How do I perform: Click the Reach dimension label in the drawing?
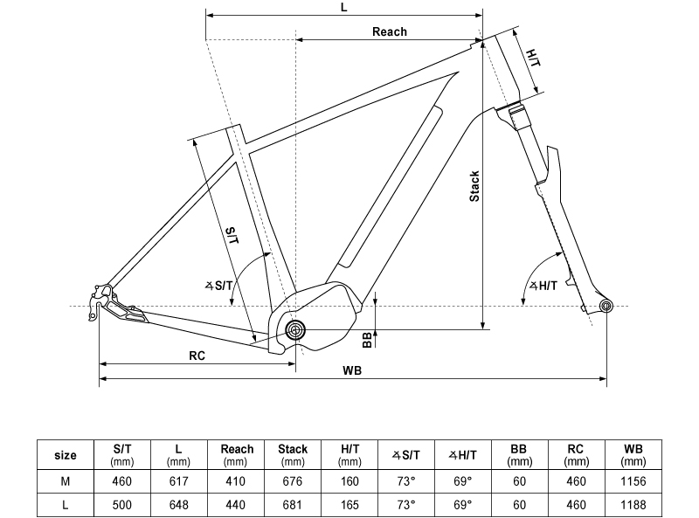(x=389, y=31)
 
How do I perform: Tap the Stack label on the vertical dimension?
(x=474, y=186)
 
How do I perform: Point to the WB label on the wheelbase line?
(x=352, y=370)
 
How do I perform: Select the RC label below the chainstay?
(x=197, y=356)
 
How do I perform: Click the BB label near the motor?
(x=367, y=338)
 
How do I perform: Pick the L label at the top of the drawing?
(x=343, y=7)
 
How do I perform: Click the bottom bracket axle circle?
(x=295, y=329)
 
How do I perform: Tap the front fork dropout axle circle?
(x=606, y=305)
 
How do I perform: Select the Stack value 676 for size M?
(x=293, y=480)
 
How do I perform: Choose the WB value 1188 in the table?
(x=634, y=505)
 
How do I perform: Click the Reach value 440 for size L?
(x=236, y=505)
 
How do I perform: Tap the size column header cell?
(x=66, y=455)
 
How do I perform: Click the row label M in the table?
(x=66, y=480)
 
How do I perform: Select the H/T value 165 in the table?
(x=349, y=505)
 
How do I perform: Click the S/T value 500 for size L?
(x=122, y=505)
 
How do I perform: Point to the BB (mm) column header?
(x=520, y=455)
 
